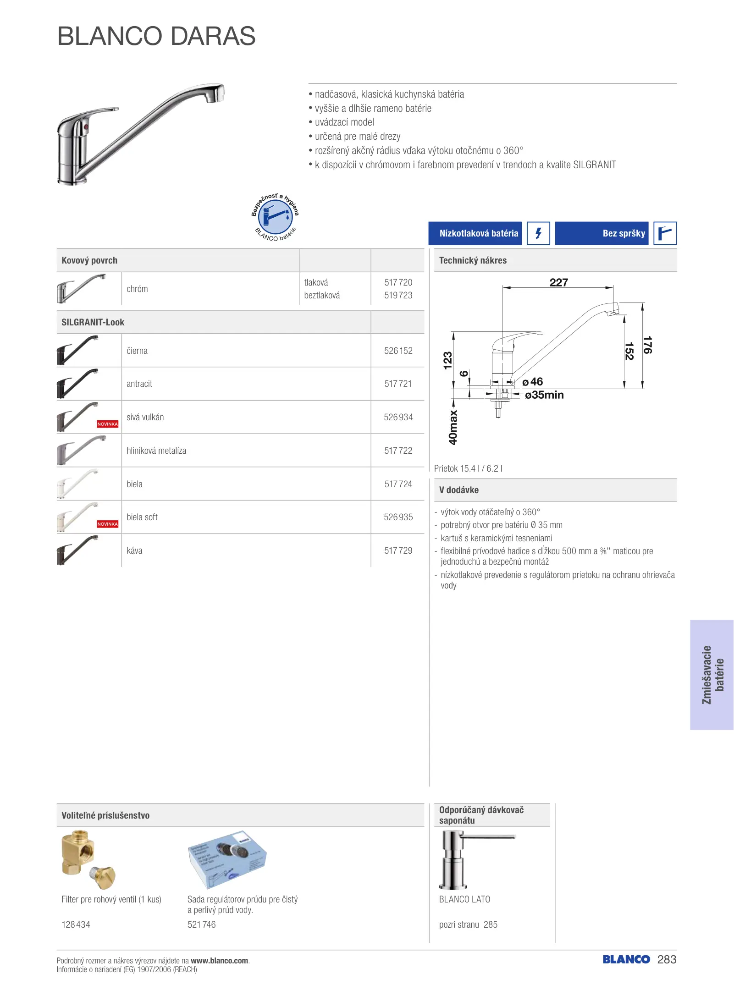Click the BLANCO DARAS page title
(156, 36)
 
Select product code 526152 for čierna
(398, 351)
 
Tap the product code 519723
(398, 295)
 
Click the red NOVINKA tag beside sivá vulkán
(107, 424)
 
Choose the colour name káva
(134, 550)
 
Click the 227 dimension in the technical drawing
(558, 282)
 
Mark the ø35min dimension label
(544, 395)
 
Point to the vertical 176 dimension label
(647, 345)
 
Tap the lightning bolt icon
(538, 233)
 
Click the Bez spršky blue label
(602, 233)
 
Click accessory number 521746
(201, 924)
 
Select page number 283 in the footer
(667, 959)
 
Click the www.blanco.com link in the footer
(220, 960)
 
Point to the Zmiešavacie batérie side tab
(712, 675)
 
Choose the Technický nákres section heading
(473, 260)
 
